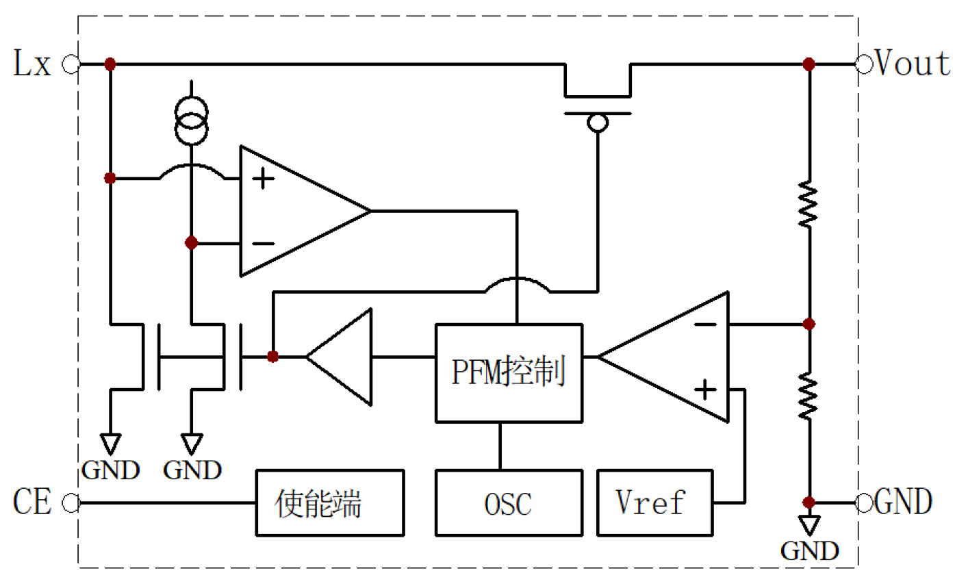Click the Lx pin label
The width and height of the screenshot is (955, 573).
[x=32, y=65]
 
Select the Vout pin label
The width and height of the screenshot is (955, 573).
[x=913, y=64]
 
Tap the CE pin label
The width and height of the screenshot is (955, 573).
[x=32, y=502]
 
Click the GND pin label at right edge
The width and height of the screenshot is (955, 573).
[x=903, y=502]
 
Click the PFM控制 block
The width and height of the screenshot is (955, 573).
[x=509, y=373]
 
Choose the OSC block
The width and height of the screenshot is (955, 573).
[x=509, y=502]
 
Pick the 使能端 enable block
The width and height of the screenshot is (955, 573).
[x=329, y=502]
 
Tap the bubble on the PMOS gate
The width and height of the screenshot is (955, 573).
[x=598, y=123]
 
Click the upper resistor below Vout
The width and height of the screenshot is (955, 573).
[x=808, y=204]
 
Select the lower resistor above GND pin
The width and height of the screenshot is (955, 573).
[x=808, y=397]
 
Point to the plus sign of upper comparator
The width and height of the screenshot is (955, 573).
[x=263, y=179]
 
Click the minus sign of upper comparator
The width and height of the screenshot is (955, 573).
[x=263, y=243]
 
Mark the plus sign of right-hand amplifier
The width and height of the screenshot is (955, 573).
[x=705, y=390]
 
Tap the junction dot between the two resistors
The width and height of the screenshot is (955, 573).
[x=808, y=323]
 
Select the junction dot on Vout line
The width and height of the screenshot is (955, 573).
[x=808, y=65]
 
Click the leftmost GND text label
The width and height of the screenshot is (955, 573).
[x=110, y=470]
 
